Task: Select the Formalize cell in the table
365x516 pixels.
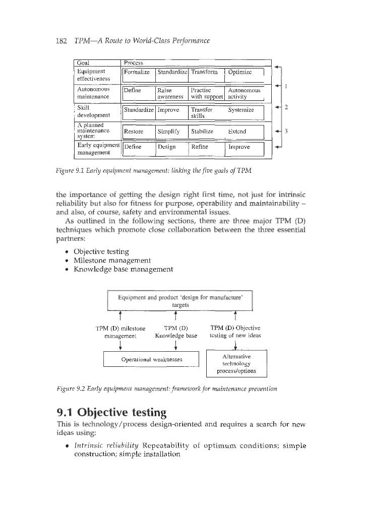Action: click(x=137, y=72)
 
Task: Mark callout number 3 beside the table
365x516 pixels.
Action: click(x=286, y=132)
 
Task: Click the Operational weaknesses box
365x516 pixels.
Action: click(x=151, y=359)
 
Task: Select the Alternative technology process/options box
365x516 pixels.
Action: click(x=236, y=363)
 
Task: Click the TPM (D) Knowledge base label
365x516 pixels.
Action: click(x=176, y=331)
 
